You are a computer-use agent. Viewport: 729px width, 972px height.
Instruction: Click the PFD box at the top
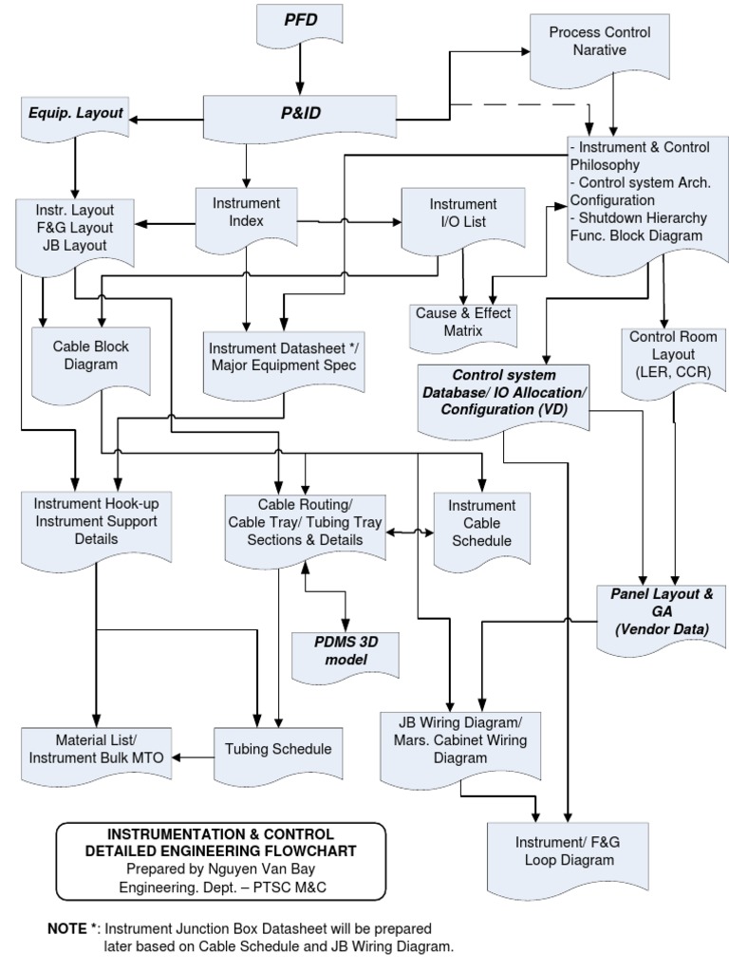pyautogui.click(x=299, y=22)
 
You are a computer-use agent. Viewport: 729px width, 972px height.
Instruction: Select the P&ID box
pyautogui.click(x=300, y=114)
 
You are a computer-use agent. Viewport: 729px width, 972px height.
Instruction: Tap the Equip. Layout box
pyautogui.click(x=73, y=113)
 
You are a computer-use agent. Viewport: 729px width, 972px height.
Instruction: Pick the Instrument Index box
pyautogui.click(x=247, y=215)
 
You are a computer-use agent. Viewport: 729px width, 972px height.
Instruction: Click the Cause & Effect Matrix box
pyautogui.click(x=462, y=323)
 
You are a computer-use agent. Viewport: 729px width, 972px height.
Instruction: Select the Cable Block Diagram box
pyautogui.click(x=91, y=357)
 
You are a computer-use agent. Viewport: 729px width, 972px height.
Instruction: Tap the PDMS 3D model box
pyautogui.click(x=345, y=651)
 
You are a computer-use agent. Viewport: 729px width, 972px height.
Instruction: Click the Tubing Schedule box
pyautogui.click(x=278, y=749)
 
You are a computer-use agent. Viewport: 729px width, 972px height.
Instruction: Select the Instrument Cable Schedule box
pyautogui.click(x=481, y=524)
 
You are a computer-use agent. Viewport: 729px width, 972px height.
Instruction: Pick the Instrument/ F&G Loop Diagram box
pyautogui.click(x=568, y=851)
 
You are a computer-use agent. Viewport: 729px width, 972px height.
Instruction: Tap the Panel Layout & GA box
pyautogui.click(x=655, y=613)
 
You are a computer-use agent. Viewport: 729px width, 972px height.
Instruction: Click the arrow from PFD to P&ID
pyautogui.click(x=300, y=68)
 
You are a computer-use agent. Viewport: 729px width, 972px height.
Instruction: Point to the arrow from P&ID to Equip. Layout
pyautogui.click(x=166, y=119)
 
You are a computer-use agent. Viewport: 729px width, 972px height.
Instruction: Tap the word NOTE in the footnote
pyautogui.click(x=66, y=928)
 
